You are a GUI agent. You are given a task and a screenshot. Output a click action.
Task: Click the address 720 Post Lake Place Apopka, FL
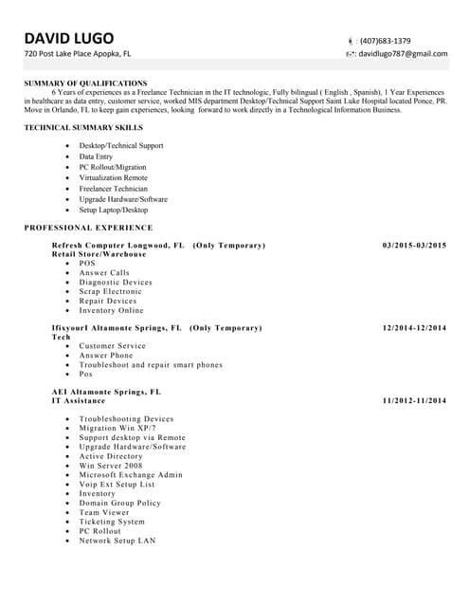(78, 54)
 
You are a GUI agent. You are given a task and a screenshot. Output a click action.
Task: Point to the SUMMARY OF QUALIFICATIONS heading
(85, 83)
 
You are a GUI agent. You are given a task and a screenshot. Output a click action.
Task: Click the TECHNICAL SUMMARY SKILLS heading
(83, 127)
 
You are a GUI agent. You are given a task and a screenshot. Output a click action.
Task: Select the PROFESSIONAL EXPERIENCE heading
(88, 228)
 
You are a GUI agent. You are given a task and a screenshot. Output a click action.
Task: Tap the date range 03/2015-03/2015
(414, 246)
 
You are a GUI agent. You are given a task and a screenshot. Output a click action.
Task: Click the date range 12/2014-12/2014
(414, 328)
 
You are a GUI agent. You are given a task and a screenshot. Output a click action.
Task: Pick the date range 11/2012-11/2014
(414, 401)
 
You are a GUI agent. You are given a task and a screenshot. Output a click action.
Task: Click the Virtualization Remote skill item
(113, 178)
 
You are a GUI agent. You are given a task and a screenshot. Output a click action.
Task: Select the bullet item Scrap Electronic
(110, 292)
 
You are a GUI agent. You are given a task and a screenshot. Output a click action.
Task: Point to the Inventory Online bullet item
(111, 310)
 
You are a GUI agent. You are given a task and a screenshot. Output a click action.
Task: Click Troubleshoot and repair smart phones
(151, 365)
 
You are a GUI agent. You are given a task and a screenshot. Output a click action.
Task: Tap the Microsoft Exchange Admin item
(131, 475)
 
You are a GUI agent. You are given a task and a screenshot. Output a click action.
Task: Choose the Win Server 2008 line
(110, 466)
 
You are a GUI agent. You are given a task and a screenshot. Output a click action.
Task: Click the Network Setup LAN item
(117, 541)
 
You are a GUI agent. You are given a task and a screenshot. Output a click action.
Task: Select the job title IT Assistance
(79, 401)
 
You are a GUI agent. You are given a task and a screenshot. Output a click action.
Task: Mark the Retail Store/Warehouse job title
(99, 255)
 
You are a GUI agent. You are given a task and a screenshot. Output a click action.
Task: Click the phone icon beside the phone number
(350, 41)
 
